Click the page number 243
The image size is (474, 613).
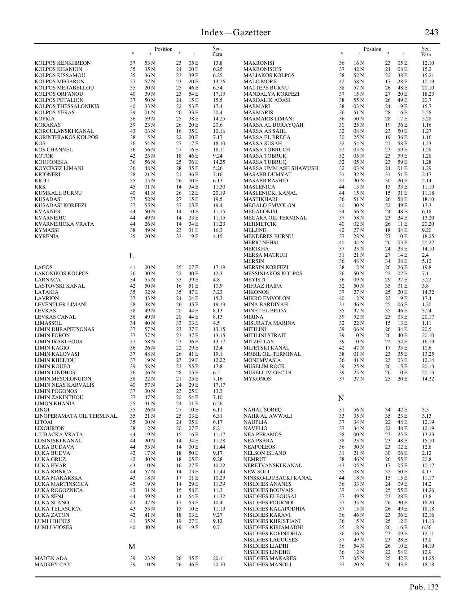431,33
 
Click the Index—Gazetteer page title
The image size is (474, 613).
235,33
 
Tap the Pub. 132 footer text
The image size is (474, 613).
424,587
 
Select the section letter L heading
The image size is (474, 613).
132,256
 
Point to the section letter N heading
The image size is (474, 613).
341,398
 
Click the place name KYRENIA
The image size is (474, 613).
47,236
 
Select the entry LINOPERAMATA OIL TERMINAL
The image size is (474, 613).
76,416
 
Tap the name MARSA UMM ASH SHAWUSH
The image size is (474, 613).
281,168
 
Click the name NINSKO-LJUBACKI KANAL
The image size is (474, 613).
278,478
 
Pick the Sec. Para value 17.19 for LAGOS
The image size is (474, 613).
219,267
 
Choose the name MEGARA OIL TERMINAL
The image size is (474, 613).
275,218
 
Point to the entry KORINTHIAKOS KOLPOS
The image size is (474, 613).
66,137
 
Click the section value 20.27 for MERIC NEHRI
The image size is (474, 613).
428,242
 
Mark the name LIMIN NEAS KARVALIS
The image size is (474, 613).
64,385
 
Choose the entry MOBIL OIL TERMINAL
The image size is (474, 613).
272,354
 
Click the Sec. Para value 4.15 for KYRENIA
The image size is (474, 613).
218,236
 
